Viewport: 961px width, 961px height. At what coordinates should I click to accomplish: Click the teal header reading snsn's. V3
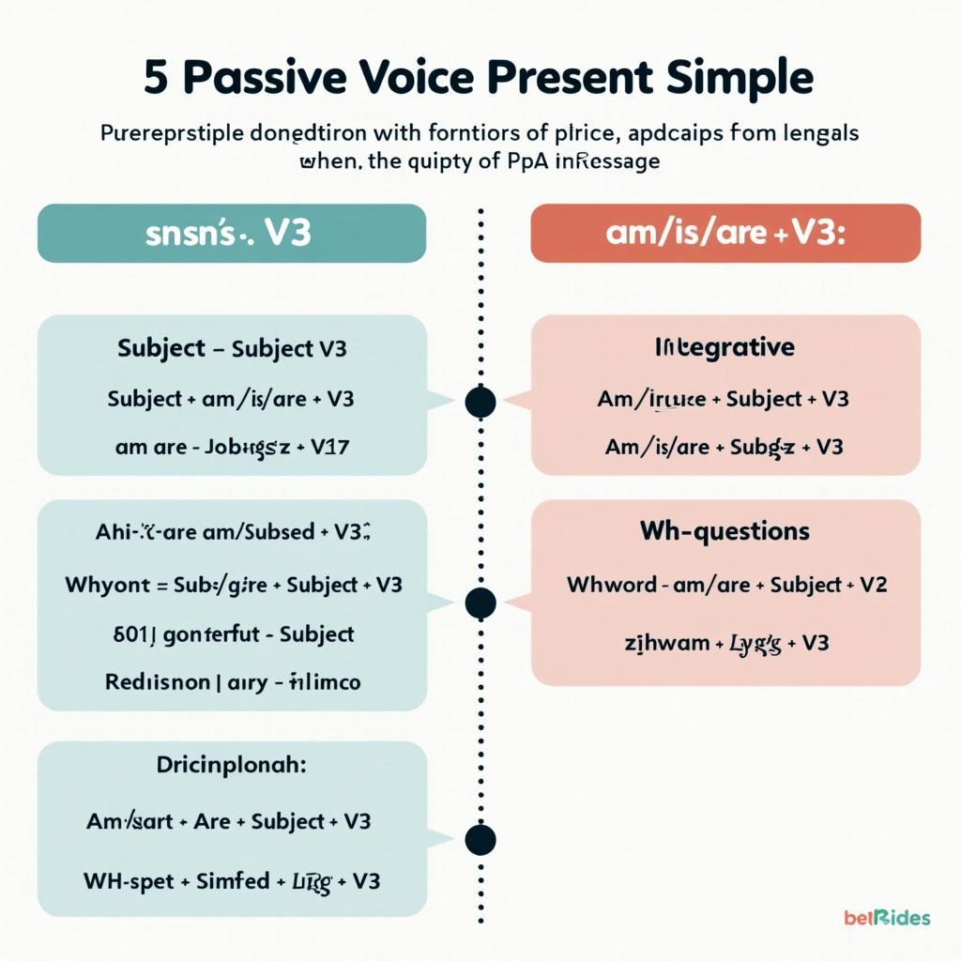click(x=231, y=234)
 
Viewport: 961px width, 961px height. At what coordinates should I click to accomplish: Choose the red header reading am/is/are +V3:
click(x=725, y=234)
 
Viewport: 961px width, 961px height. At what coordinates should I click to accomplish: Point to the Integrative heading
click(x=725, y=347)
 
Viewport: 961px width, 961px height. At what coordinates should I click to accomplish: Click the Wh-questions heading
click(x=725, y=531)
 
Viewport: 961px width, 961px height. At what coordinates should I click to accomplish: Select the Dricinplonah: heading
click(x=231, y=765)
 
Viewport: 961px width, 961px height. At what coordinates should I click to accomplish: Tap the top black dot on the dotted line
click(x=480, y=402)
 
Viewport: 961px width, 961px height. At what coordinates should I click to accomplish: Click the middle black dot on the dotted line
click(x=480, y=603)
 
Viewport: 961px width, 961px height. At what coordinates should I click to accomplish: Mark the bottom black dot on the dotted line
click(x=480, y=839)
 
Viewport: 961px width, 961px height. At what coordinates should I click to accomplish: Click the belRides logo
click(x=887, y=917)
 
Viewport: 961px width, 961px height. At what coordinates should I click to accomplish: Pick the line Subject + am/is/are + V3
click(x=231, y=398)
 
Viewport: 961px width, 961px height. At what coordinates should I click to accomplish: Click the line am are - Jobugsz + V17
click(x=231, y=447)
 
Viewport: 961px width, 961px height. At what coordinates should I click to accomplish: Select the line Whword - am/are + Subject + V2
click(x=726, y=585)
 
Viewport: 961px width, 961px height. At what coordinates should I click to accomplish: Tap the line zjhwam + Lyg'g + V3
click(x=726, y=643)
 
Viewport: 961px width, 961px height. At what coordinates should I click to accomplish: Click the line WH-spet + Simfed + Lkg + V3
click(x=231, y=881)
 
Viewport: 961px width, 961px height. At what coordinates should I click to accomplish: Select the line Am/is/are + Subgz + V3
click(x=725, y=447)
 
